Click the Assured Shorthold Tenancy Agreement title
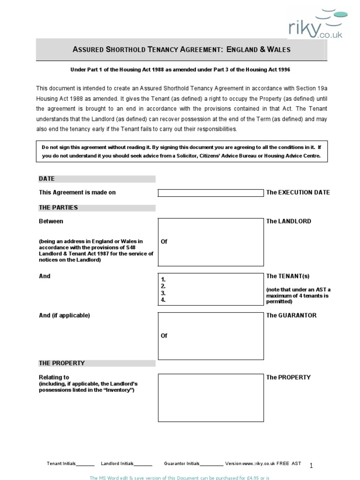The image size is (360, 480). (182, 50)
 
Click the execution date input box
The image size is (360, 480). (210, 193)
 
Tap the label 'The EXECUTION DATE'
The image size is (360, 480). (298, 192)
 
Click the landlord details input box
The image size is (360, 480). (210, 242)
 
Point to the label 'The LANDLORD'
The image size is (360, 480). (288, 221)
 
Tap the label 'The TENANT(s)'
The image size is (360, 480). (288, 277)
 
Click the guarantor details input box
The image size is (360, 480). (210, 336)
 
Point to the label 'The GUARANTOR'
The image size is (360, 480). (291, 315)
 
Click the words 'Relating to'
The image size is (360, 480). (54, 377)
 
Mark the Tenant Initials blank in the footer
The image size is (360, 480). (85, 464)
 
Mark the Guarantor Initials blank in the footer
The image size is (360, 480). (211, 464)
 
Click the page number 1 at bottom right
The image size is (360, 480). (311, 465)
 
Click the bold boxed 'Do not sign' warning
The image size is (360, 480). (182, 151)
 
